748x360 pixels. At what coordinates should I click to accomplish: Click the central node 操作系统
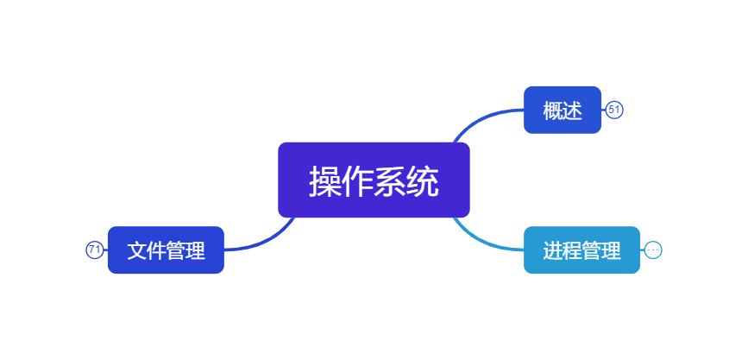point(374,180)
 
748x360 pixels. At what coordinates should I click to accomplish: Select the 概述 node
point(562,111)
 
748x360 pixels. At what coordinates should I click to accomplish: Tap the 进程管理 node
point(581,250)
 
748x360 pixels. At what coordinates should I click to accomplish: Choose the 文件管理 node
point(166,250)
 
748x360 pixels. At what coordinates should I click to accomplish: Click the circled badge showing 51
point(614,110)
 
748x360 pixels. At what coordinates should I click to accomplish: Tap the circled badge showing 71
point(95,249)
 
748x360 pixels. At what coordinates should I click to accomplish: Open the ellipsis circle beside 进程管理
point(653,250)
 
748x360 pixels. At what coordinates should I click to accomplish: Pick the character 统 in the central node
point(424,181)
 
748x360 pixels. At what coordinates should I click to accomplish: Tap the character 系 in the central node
point(391,181)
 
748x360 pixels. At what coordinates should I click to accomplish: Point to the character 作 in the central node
point(358,181)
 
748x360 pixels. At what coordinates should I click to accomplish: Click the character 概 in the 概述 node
point(552,111)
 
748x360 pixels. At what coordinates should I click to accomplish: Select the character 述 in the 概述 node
point(572,111)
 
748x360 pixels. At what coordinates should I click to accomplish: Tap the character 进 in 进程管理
point(552,251)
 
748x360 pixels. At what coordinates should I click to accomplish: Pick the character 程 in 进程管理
point(572,251)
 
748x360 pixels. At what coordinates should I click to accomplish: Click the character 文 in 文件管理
point(136,251)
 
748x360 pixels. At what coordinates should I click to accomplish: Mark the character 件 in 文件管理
point(156,251)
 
